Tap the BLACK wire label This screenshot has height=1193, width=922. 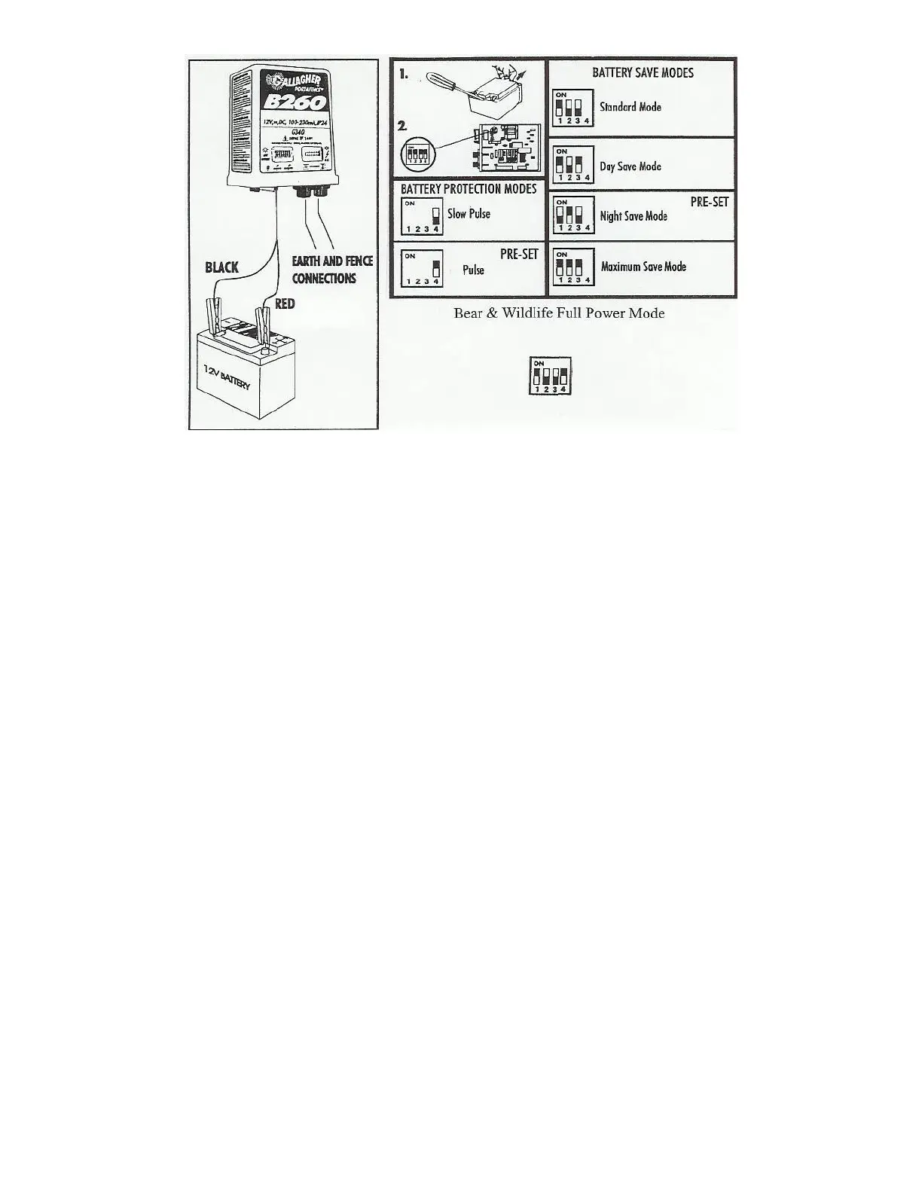pos(222,267)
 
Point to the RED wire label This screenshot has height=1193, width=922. pos(285,304)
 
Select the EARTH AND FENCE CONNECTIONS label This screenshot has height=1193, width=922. pos(332,270)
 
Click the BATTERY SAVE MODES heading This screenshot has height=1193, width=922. pos(643,73)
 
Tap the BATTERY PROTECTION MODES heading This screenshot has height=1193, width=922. pos(469,188)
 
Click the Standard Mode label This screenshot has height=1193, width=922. pos(630,107)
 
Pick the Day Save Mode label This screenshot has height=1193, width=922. pos(630,166)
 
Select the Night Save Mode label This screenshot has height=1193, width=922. pos(633,216)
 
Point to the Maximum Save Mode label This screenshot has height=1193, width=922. pos(643,267)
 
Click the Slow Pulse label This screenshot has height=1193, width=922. pos(469,214)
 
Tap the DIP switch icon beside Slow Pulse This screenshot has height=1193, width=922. pos(421,217)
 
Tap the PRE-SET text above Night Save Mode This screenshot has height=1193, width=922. pos(710,203)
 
